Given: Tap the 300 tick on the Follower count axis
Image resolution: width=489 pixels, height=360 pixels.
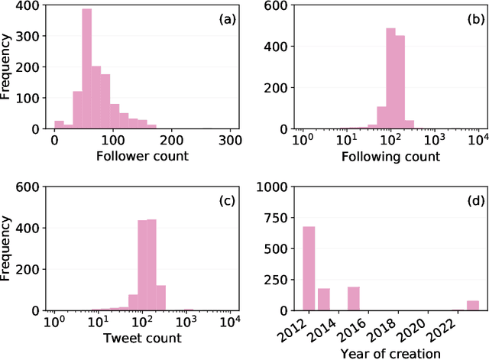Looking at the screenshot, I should pos(231,141).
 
